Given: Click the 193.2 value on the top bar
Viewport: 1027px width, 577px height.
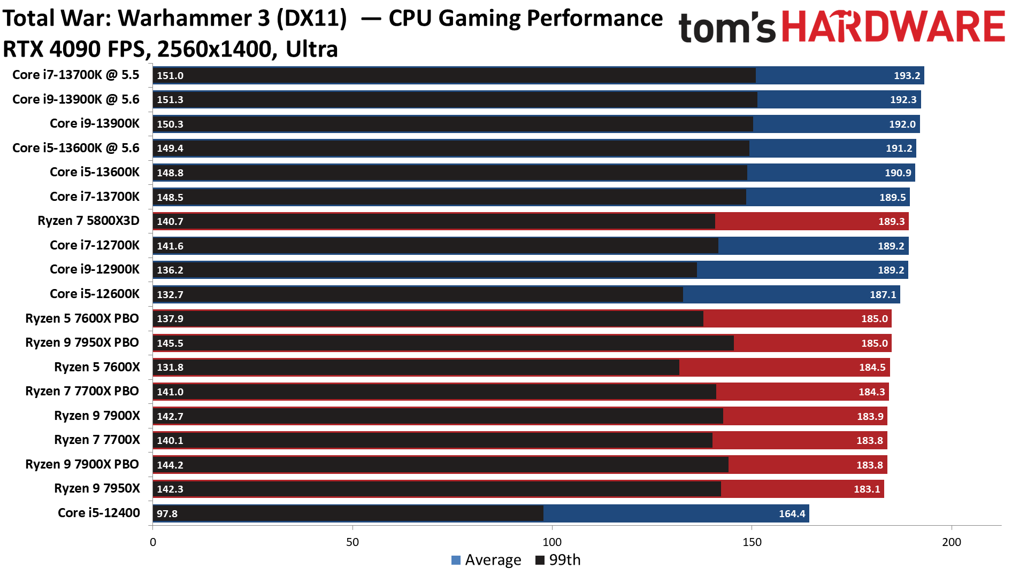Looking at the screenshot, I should point(907,75).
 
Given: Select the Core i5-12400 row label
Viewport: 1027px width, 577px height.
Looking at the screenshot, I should point(99,513).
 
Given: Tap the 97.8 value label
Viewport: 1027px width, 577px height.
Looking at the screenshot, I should point(167,513).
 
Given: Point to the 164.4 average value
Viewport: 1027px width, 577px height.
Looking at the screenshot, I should point(792,513).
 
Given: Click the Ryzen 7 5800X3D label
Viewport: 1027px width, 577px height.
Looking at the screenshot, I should point(88,221).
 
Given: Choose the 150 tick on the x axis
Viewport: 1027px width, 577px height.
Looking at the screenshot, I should point(752,542).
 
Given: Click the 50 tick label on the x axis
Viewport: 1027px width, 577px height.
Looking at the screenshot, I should point(352,542).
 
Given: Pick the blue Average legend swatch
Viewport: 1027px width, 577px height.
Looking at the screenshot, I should point(456,560).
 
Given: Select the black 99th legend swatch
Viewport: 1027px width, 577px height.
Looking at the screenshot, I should point(540,560).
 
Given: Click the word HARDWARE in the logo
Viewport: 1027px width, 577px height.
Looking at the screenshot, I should point(893,27).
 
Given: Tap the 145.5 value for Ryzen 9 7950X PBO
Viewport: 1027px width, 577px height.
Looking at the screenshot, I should point(170,343).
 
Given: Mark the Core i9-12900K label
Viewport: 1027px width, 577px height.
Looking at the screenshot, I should point(95,269).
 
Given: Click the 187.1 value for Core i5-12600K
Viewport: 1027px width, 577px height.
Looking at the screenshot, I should point(883,294).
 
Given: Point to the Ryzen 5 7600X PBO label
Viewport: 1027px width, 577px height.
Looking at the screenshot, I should point(82,318).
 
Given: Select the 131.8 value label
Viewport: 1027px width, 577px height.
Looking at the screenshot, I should point(170,367).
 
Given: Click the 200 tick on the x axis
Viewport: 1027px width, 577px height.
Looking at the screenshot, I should point(951,542).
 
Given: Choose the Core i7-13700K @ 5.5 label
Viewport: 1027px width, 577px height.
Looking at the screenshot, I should point(75,75).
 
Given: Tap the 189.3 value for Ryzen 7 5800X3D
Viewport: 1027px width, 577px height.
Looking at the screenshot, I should point(891,221).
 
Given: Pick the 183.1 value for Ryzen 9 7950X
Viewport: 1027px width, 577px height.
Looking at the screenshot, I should point(867,489).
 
